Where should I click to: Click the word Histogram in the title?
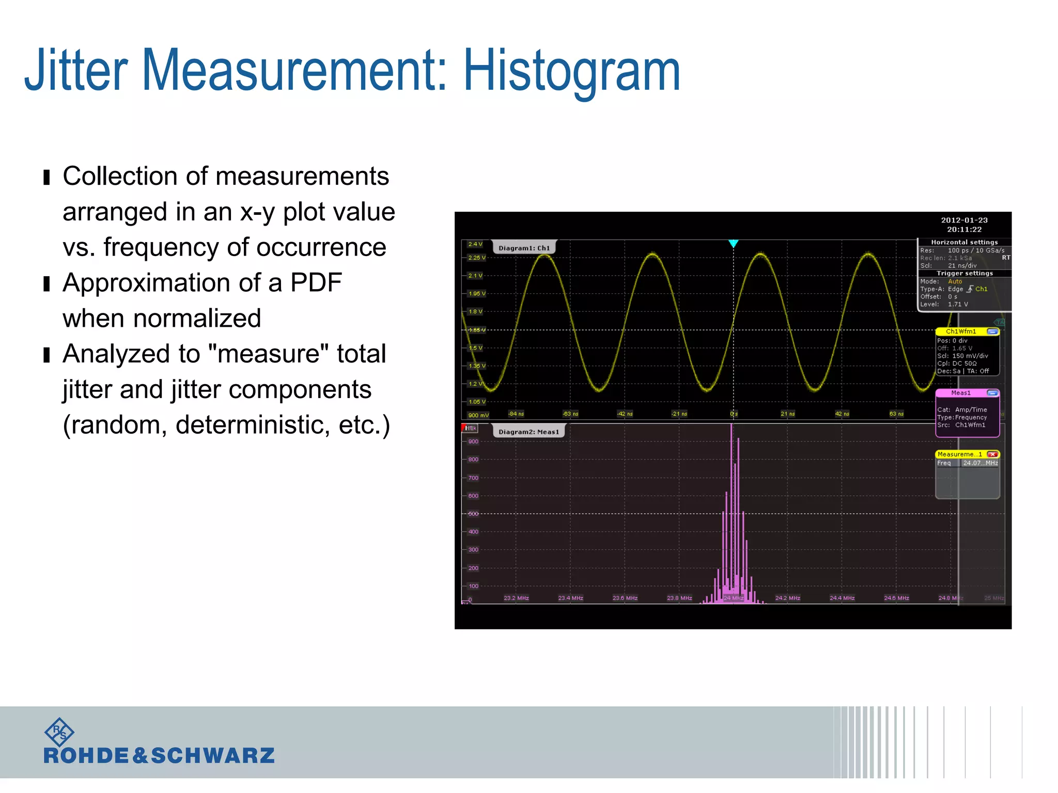click(571, 71)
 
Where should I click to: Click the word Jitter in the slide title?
click(76, 70)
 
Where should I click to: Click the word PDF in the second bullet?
click(316, 283)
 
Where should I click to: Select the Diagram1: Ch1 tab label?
click(524, 248)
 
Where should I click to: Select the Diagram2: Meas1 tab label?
click(528, 432)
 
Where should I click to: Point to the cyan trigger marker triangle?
click(733, 243)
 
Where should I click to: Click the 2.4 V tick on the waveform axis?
click(475, 244)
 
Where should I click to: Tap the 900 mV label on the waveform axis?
click(478, 415)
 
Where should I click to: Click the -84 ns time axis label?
click(516, 414)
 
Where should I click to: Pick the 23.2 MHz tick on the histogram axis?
click(516, 598)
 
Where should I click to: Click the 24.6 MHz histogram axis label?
click(896, 598)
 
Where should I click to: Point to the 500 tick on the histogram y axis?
click(473, 514)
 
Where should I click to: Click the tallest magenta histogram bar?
click(732, 511)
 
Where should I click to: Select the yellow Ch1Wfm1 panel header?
click(961, 331)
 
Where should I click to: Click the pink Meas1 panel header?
click(961, 393)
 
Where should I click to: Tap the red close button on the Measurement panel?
click(992, 454)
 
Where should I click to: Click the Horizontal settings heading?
click(964, 242)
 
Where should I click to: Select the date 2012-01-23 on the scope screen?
click(964, 220)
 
